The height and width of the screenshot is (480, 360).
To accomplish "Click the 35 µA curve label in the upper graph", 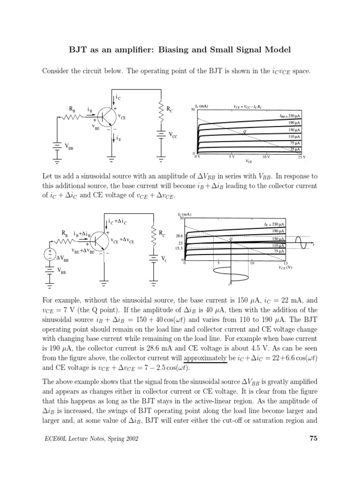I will [294, 150].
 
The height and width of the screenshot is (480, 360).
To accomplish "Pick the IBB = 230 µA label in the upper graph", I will [288, 115].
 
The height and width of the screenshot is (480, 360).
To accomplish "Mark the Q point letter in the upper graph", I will [244, 132].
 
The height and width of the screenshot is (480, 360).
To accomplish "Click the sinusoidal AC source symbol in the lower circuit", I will [48, 254].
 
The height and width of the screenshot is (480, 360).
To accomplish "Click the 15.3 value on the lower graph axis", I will [178, 248].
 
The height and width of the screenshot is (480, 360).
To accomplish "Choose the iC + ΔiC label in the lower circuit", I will [119, 221].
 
